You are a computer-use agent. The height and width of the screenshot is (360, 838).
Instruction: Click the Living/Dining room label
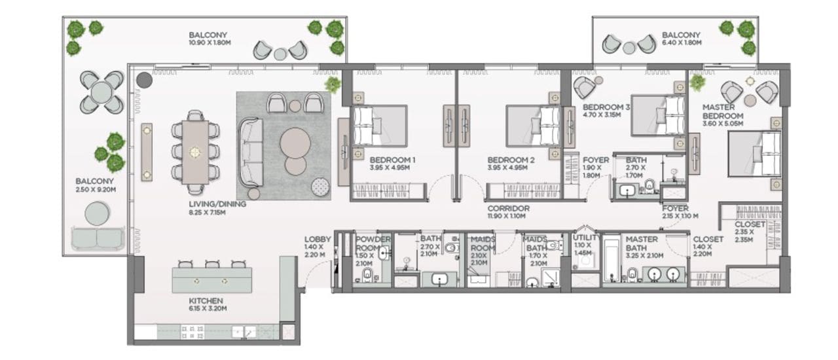[x=217, y=204]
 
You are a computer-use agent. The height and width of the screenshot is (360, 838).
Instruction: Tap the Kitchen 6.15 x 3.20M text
[x=208, y=304]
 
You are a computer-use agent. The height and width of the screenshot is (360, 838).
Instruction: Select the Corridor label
[x=509, y=208]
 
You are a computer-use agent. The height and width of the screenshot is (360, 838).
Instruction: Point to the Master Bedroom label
[x=722, y=111]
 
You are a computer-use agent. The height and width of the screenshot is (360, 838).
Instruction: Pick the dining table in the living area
[x=195, y=153]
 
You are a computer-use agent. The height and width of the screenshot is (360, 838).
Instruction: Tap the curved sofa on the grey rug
[x=250, y=152]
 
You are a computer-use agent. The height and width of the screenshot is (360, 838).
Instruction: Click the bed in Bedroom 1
[x=380, y=126]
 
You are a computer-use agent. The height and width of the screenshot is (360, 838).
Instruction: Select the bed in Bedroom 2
[x=533, y=126]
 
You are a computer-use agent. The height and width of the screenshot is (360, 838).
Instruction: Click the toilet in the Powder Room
[x=368, y=275]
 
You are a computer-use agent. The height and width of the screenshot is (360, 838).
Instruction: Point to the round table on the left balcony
[x=101, y=92]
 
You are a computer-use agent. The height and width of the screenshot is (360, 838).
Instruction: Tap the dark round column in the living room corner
[x=145, y=80]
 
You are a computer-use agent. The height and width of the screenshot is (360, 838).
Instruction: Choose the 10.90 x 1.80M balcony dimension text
[x=209, y=43]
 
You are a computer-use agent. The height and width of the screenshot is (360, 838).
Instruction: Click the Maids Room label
[x=483, y=243]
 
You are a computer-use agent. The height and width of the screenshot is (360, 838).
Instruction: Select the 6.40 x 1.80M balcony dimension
[x=682, y=43]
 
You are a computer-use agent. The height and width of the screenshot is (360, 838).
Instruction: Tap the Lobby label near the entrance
[x=318, y=239]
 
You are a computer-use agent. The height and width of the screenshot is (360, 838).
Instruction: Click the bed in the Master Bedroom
[x=755, y=154]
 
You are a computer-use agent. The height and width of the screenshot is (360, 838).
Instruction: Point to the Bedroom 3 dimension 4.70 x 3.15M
[x=602, y=115]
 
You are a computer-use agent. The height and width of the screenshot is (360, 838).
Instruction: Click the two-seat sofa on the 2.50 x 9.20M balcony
[x=97, y=238]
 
